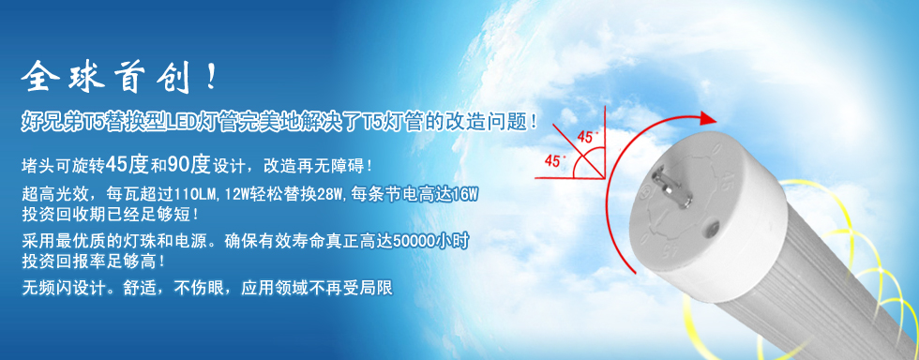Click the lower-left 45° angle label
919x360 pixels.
pyautogui.click(x=554, y=161)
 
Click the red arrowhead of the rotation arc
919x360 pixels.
pyautogui.click(x=705, y=119)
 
